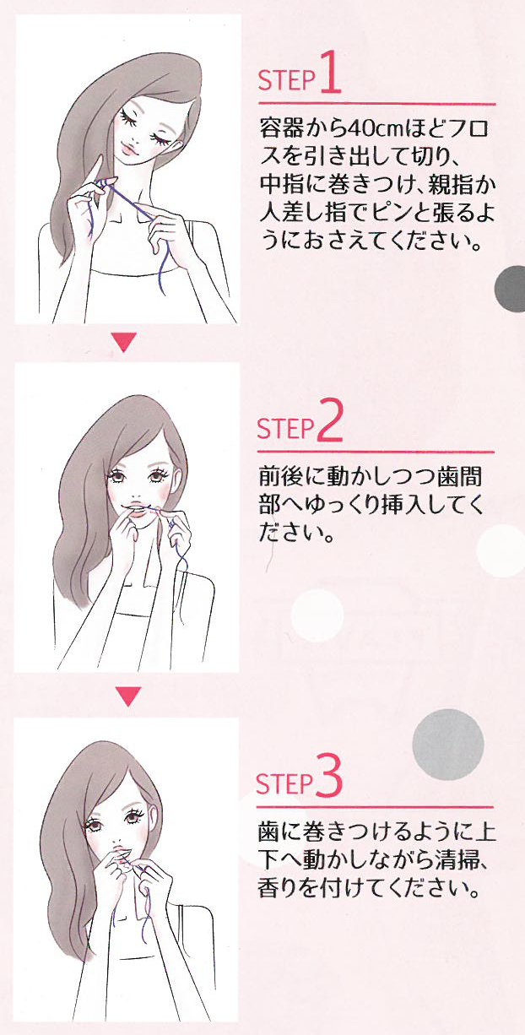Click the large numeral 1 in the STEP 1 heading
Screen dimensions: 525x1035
click(330, 73)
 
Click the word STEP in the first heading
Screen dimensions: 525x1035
click(286, 80)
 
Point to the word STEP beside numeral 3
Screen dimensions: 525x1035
click(284, 783)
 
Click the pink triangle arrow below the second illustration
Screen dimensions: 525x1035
click(128, 696)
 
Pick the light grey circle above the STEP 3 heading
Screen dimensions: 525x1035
click(448, 745)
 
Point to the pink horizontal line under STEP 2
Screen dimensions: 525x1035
click(376, 452)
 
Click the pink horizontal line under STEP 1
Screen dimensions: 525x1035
click(376, 104)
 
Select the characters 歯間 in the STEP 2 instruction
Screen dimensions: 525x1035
click(460, 476)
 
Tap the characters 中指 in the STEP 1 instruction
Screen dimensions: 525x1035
click(282, 184)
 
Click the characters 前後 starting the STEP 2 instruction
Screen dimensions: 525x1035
click(281, 476)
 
